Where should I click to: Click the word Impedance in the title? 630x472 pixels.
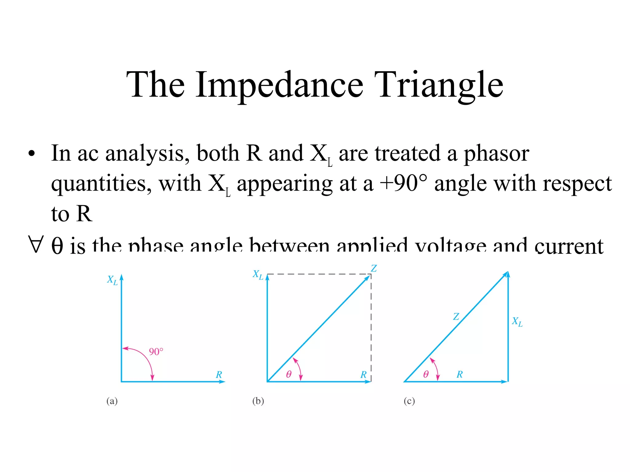point(279,85)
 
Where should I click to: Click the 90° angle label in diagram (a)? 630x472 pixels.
point(156,352)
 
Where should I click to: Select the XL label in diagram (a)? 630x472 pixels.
point(112,280)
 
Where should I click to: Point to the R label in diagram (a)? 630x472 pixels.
point(219,375)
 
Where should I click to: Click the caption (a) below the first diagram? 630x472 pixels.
point(112,401)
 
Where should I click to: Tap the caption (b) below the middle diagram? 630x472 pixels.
point(258,401)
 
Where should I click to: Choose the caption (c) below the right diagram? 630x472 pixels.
point(409,401)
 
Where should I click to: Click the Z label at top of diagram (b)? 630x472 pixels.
point(374,268)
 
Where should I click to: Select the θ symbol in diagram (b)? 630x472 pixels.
point(289,374)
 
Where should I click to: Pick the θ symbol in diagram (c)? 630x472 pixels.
point(426,374)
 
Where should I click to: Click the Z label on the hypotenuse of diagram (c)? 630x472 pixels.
point(456,317)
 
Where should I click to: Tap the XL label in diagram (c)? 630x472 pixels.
point(517,322)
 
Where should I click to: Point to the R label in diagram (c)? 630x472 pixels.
point(460,374)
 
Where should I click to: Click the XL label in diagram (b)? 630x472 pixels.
point(258,275)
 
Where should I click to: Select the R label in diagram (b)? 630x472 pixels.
point(364,375)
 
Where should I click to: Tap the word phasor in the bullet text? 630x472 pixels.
point(496,153)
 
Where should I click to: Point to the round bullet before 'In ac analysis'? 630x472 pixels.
point(31,153)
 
